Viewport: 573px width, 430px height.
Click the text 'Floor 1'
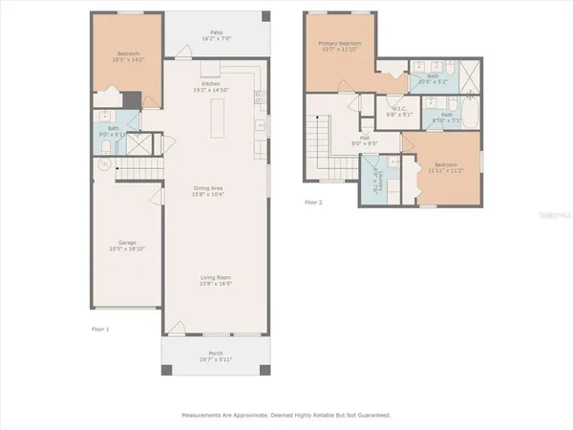click(100, 330)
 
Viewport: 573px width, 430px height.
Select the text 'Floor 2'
click(314, 203)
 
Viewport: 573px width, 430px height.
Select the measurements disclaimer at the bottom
click(286, 416)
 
